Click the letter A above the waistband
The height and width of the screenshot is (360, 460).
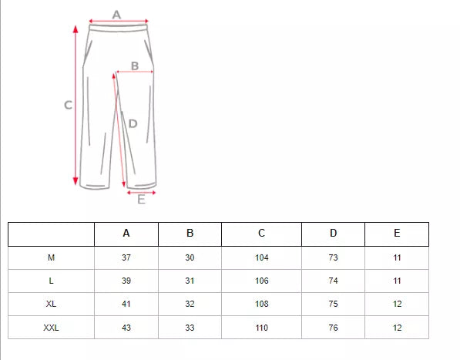(117, 13)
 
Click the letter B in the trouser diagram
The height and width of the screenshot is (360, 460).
(135, 66)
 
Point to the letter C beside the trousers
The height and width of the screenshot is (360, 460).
(68, 106)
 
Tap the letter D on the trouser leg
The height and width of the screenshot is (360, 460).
(133, 123)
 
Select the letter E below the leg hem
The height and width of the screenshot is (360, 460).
(141, 200)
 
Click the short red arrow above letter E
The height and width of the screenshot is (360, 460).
(141, 192)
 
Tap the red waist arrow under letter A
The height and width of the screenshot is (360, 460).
(118, 22)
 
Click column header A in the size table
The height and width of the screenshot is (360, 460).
(126, 234)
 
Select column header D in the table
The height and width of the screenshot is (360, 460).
(333, 234)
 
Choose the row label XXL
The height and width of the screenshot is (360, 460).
(51, 328)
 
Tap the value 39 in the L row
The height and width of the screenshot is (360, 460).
(126, 281)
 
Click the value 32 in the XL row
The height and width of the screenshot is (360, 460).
(190, 304)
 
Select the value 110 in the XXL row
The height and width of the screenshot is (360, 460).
(262, 328)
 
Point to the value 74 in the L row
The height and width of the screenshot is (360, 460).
(333, 281)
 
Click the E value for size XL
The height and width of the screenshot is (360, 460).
(397, 304)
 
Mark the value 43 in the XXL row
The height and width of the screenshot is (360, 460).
(126, 328)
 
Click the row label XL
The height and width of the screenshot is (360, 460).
(51, 304)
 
